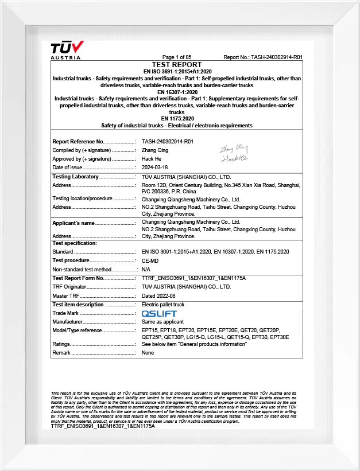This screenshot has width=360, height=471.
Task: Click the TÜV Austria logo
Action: tap(67, 49)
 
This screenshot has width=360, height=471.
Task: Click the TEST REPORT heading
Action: tap(177, 65)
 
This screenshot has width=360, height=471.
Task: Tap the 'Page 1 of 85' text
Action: tap(177, 57)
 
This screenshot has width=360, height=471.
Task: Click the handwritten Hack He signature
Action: tap(233, 158)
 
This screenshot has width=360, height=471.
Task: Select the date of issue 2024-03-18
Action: tap(155, 168)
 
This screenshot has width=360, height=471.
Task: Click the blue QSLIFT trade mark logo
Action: tap(159, 314)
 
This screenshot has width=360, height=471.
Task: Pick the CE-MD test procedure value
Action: tap(150, 260)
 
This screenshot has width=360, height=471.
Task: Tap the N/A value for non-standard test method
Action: tap(146, 269)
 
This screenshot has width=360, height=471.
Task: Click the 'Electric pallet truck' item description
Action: tap(163, 305)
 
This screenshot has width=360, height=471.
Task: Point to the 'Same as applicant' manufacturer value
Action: tap(162, 322)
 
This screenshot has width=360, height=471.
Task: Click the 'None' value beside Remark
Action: tap(148, 353)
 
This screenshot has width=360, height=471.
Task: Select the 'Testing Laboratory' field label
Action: tap(76, 177)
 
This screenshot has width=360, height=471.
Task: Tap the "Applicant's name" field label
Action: tap(73, 223)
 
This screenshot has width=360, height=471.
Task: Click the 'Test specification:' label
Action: tap(75, 243)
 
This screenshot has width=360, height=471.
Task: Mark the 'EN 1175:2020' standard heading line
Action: tap(177, 119)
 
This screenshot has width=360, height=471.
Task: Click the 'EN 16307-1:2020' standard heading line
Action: tap(177, 92)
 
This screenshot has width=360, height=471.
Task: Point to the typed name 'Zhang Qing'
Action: tap(155, 150)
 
